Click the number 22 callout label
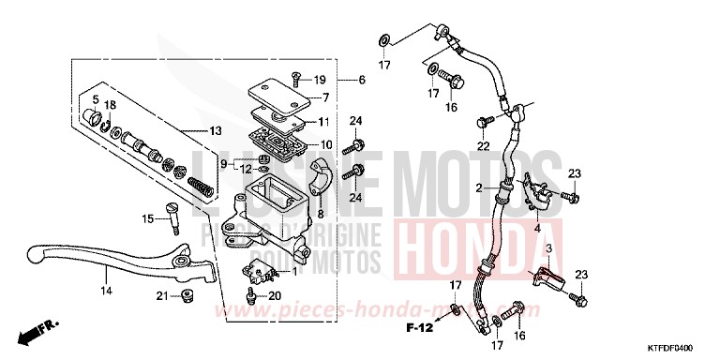[482, 146]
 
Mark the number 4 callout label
[536, 227]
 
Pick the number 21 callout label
[161, 297]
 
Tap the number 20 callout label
[274, 296]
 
